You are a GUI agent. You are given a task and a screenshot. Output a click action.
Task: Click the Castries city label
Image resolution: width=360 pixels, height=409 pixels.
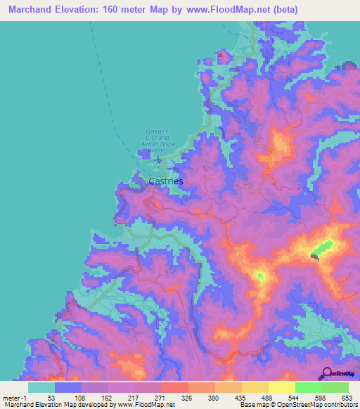click(x=166, y=181)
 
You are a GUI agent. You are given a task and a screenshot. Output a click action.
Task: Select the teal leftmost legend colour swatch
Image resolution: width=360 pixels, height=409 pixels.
click(x=41, y=387)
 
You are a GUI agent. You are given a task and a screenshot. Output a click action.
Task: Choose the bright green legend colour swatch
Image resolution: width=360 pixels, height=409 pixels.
click(x=308, y=387)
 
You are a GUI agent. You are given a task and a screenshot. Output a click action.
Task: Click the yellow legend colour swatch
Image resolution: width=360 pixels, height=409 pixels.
click(x=282, y=387)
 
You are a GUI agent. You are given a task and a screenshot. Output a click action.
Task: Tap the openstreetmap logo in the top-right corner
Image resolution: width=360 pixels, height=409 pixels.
click(x=340, y=68)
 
